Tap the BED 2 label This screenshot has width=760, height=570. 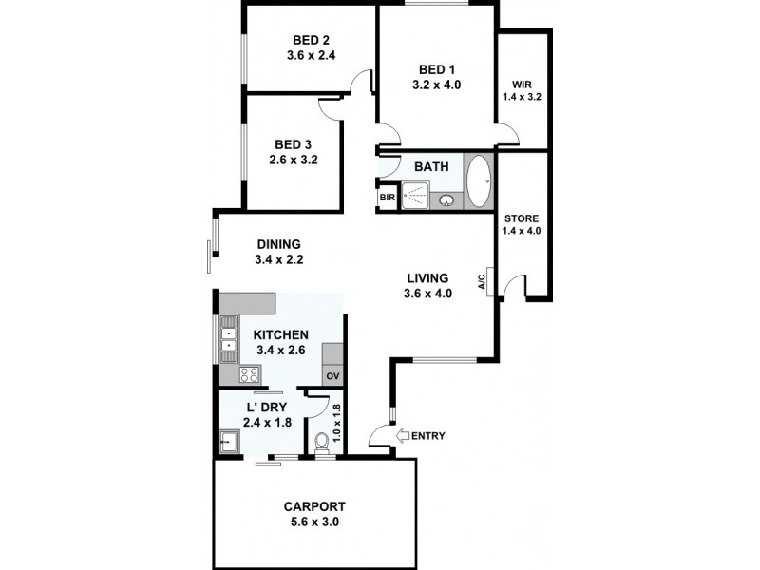click(x=312, y=40)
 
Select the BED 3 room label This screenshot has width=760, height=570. click(x=293, y=144)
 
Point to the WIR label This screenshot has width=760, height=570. click(x=522, y=83)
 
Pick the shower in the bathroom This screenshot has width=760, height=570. click(x=415, y=195)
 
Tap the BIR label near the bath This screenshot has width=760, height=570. click(x=388, y=198)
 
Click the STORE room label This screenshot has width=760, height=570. click(x=522, y=218)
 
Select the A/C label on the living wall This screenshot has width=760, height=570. click(x=482, y=281)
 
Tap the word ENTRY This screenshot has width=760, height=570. click(x=429, y=436)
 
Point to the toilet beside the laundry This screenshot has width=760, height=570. click(x=322, y=441)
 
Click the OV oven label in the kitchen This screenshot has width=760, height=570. click(x=332, y=376)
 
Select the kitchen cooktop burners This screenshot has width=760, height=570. click(x=249, y=374)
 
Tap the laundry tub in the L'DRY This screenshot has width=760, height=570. click(x=230, y=442)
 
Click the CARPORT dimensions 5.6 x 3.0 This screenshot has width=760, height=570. click(x=313, y=522)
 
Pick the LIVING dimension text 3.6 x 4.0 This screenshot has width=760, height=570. click(x=427, y=294)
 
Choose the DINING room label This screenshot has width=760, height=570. click(x=277, y=243)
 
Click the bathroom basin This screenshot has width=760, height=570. click(x=446, y=200)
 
